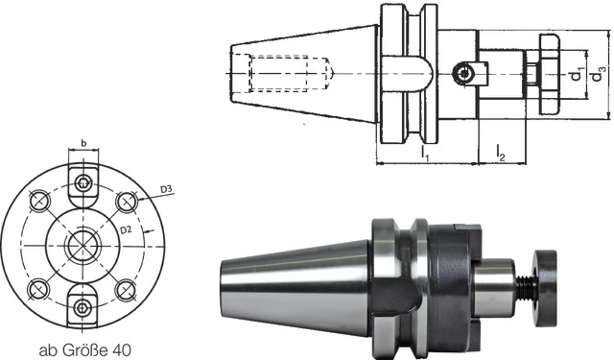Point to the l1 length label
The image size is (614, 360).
pos(425,153)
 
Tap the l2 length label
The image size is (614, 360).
pos(500,153)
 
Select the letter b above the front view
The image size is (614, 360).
pos(83,143)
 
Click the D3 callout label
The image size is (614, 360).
pos(166,189)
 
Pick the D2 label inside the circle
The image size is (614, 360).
pos(126,230)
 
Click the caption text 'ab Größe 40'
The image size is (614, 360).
pos(84,349)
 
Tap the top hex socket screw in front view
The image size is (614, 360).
pos(83,183)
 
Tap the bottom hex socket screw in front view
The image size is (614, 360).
pos(83,308)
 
